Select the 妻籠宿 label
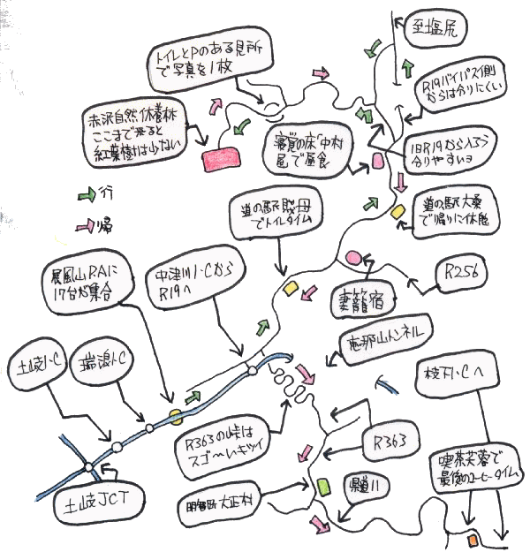click(x=363, y=300)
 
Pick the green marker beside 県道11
click(x=323, y=487)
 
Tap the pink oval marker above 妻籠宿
click(x=356, y=257)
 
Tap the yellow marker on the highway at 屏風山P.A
click(x=177, y=412)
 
